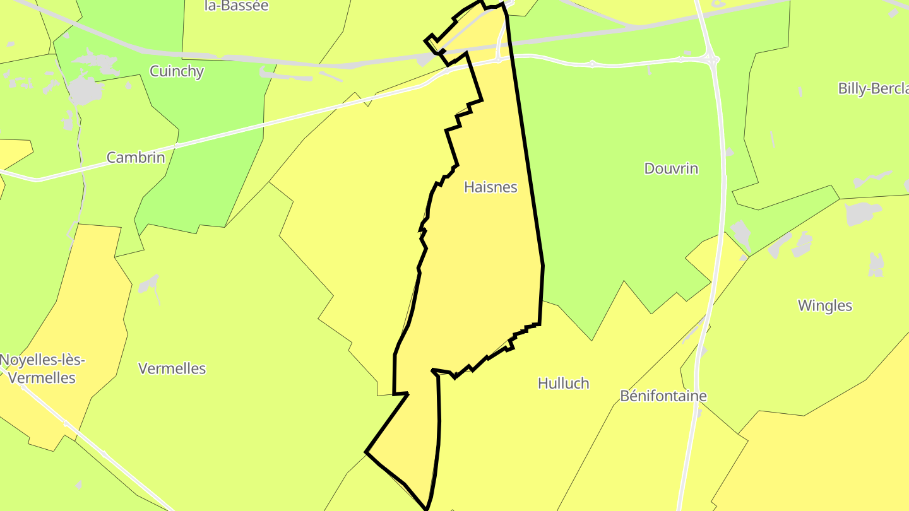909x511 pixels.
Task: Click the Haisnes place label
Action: (490, 187)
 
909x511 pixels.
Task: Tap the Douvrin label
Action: (671, 168)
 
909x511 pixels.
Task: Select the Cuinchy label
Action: (177, 71)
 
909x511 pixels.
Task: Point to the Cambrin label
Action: (135, 158)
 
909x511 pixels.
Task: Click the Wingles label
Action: (824, 306)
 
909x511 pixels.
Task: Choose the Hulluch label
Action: (563, 384)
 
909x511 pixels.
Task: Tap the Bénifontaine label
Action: (663, 396)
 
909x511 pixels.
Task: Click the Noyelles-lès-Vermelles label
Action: (42, 369)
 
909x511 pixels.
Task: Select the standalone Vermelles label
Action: (172, 369)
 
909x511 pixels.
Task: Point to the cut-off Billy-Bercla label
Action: (872, 88)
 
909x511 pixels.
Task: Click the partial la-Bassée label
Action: (237, 6)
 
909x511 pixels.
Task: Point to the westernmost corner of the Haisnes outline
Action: (366, 452)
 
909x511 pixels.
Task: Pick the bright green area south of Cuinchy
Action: (202, 170)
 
